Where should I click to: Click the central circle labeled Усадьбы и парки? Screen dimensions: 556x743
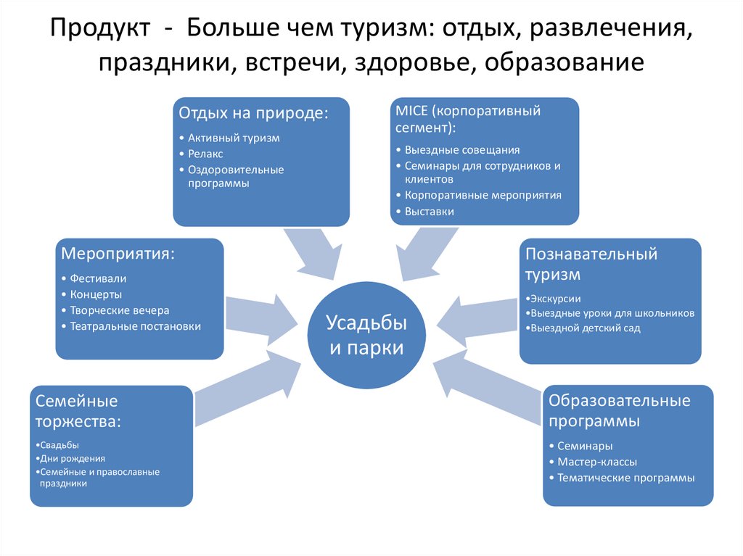coord(366,336)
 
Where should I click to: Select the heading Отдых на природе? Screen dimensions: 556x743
coord(253,114)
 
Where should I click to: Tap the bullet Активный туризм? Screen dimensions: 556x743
coord(234,138)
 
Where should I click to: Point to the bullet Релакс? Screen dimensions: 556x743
coord(206,154)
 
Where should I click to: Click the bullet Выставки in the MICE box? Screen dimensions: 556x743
coord(430,212)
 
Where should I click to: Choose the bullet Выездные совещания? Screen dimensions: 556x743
coord(462,150)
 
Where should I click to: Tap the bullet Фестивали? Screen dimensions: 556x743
coord(99,278)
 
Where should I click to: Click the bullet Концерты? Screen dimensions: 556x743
coord(96,294)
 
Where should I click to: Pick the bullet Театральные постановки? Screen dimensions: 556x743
coord(136,326)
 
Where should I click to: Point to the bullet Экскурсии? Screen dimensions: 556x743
coord(555,299)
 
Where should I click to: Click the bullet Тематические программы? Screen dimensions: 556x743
coord(626,478)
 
